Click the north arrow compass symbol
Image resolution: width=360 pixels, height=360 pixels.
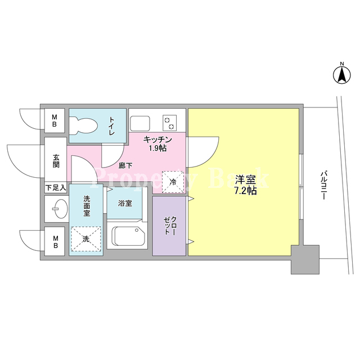coord(342,74)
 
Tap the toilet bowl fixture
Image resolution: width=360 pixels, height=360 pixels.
coord(84,125)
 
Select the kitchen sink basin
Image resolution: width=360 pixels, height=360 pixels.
coord(140,124)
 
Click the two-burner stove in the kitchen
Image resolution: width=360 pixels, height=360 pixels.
coord(170,123)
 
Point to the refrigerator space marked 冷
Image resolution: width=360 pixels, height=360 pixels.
coord(173,182)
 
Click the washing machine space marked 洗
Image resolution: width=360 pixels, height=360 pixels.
coord(86,238)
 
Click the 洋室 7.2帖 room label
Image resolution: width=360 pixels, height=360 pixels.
coord(245,185)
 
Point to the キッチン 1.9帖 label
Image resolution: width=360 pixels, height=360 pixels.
coord(157,144)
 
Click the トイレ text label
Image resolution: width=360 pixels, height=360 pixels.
coord(111,126)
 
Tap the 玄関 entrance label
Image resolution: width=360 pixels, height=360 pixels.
coord(56,161)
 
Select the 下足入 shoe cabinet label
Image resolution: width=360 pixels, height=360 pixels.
coord(56,187)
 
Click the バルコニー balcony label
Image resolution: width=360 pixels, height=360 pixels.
coord(324,184)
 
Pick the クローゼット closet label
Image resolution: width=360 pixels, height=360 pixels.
coord(170,226)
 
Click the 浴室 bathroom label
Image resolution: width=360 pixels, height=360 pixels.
coord(125,203)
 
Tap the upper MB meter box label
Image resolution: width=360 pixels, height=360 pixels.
coord(55,121)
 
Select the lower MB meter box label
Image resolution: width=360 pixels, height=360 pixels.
coord(55,242)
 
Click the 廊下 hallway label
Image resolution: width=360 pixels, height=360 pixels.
coord(125,165)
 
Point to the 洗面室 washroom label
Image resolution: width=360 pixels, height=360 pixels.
coord(87,206)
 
